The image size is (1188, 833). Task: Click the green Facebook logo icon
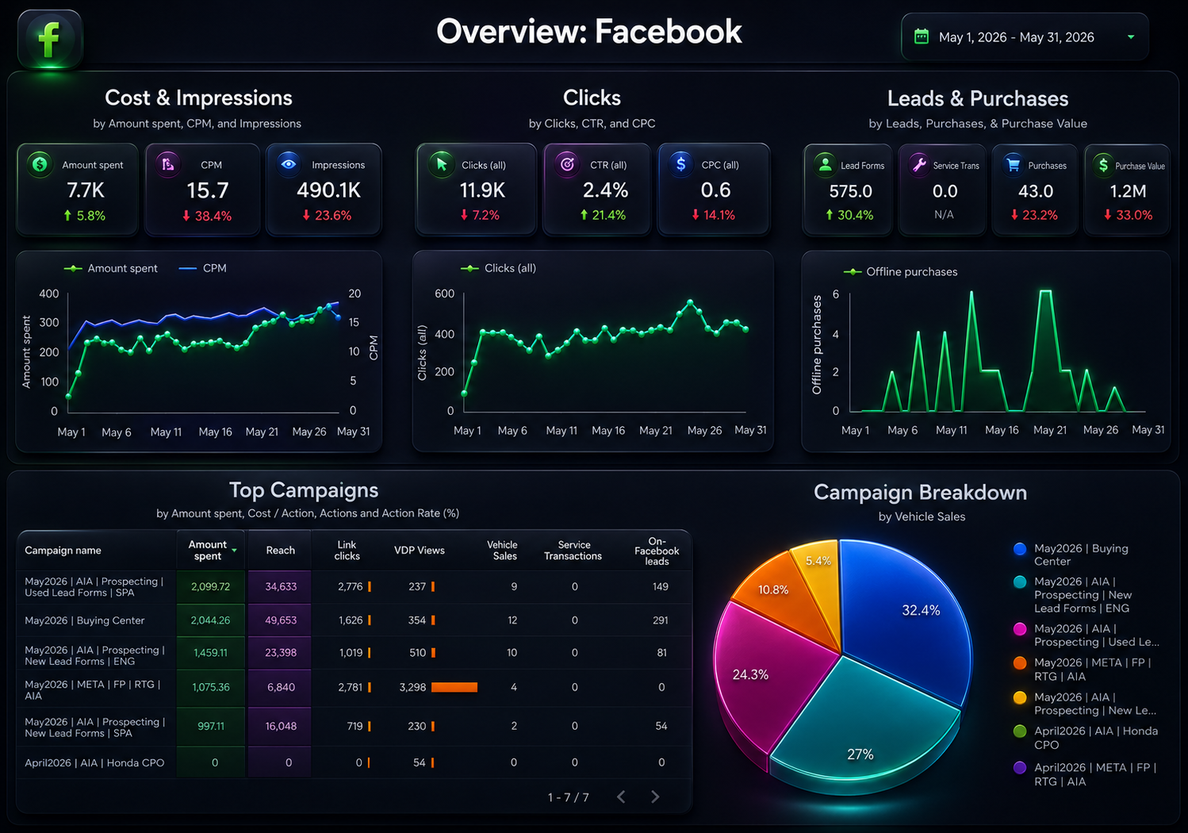(51, 39)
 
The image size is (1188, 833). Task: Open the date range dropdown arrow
(1131, 37)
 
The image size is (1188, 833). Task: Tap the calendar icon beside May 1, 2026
(922, 36)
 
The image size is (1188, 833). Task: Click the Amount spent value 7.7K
(86, 190)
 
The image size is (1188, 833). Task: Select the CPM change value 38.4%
(207, 216)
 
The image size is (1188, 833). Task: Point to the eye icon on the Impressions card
(289, 164)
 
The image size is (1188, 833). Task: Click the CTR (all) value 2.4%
(605, 190)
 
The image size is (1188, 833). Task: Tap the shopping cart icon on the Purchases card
(1013, 165)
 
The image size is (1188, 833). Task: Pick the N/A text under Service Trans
(944, 214)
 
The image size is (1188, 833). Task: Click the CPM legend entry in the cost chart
(202, 268)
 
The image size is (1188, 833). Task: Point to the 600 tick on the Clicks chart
(444, 294)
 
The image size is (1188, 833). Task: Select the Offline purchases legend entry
(900, 271)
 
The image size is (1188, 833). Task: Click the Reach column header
(281, 551)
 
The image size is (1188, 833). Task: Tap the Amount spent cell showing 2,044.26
(210, 620)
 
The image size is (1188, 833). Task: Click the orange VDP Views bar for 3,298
(454, 687)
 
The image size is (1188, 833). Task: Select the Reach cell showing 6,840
(281, 687)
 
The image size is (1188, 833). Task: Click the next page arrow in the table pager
(655, 797)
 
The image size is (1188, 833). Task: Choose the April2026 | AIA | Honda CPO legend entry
(1088, 738)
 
